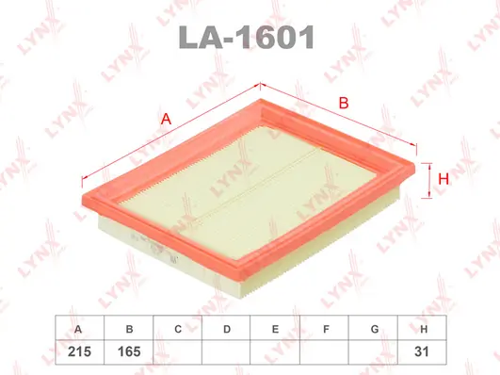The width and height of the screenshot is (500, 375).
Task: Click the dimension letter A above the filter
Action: [x=166, y=120]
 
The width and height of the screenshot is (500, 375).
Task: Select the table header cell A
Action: [x=77, y=329]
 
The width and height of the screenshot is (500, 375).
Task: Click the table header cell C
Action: [x=177, y=329]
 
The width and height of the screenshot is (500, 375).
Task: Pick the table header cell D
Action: [x=227, y=329]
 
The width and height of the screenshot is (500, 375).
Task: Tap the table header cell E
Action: [x=275, y=329]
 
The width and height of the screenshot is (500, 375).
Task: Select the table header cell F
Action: [x=325, y=329]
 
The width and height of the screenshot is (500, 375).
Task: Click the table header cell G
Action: [x=375, y=329]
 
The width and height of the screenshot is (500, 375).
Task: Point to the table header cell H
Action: [x=425, y=329]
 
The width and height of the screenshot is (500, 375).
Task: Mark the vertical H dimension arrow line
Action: [x=428, y=177]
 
